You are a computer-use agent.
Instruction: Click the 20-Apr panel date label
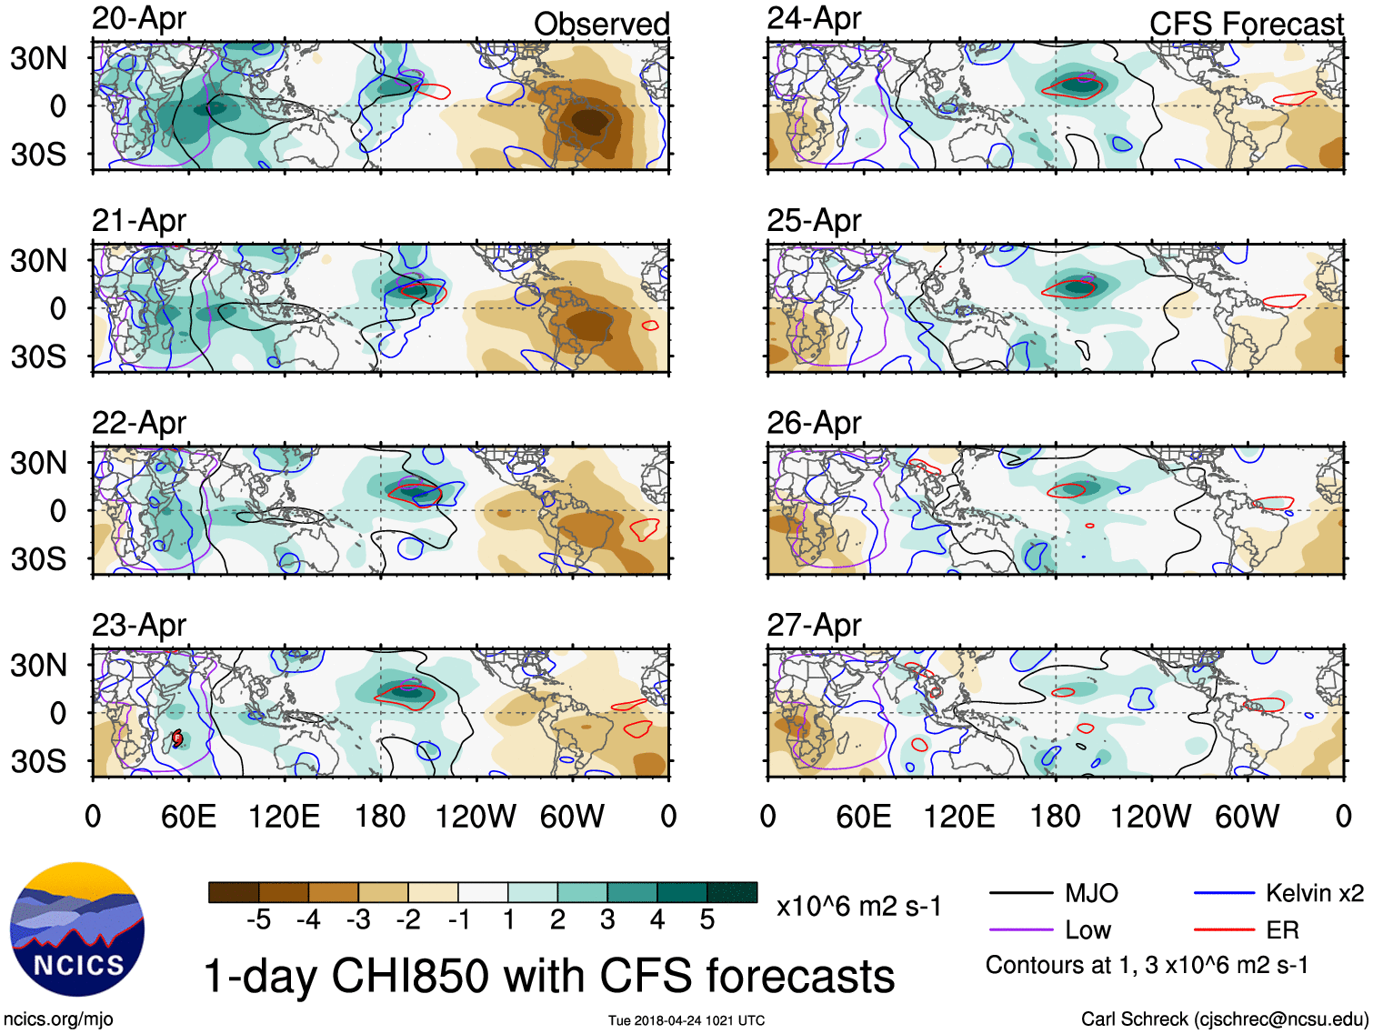pyautogui.click(x=139, y=18)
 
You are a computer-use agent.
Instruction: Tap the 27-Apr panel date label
pyautogui.click(x=814, y=625)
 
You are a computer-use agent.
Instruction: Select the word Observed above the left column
pyautogui.click(x=601, y=24)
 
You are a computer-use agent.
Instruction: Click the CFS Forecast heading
pyautogui.click(x=1246, y=24)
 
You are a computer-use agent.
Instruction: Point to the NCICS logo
pyautogui.click(x=77, y=929)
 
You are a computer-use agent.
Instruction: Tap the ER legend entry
pyautogui.click(x=1282, y=930)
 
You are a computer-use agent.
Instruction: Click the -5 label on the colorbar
pyautogui.click(x=258, y=920)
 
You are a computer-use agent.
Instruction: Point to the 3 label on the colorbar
pyautogui.click(x=607, y=920)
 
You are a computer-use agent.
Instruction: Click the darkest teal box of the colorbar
pyautogui.click(x=732, y=892)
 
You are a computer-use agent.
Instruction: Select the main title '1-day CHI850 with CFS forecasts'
pyautogui.click(x=549, y=976)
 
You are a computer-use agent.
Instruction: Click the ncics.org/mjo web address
pyautogui.click(x=59, y=1019)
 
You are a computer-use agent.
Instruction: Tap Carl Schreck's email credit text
pyautogui.click(x=1224, y=1019)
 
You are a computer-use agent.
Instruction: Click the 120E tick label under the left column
pyautogui.click(x=285, y=816)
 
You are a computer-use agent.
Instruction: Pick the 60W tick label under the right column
pyautogui.click(x=1247, y=816)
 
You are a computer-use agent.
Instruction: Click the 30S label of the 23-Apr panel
pyautogui.click(x=38, y=760)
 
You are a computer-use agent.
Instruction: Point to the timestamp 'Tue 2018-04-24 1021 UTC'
pyautogui.click(x=686, y=1020)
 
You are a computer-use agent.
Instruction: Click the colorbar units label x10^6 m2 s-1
pyautogui.click(x=859, y=906)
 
